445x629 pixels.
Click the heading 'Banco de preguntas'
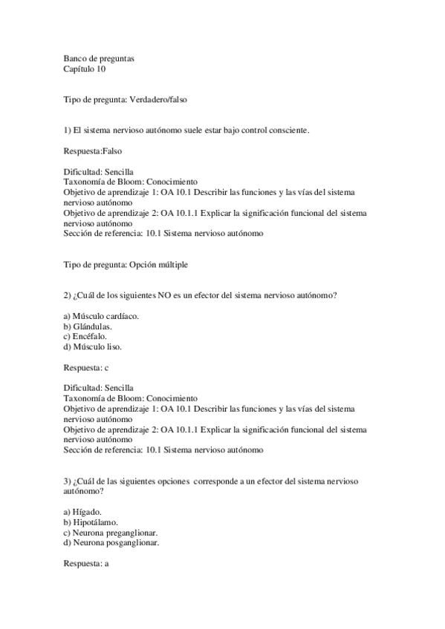99,58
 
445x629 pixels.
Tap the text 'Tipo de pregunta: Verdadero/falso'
130,99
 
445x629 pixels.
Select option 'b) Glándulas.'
88,326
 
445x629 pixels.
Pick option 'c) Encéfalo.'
85,336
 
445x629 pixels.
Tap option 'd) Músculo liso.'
92,346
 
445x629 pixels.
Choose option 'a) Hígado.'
82,512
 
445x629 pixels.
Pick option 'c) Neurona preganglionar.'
110,533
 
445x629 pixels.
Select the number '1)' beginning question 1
68,131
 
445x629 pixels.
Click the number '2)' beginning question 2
68,295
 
